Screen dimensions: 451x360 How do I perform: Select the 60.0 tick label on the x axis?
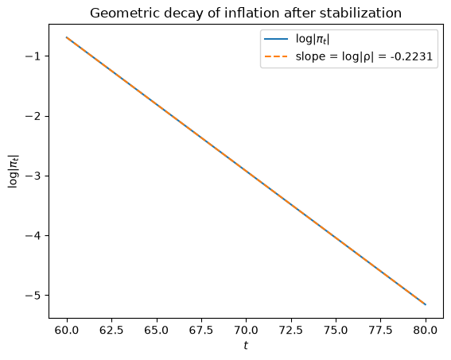(x=67, y=331)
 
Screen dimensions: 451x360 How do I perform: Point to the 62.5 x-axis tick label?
(x=111, y=331)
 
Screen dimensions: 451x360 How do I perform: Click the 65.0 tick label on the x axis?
(x=156, y=331)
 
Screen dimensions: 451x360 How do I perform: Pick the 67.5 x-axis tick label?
(x=201, y=331)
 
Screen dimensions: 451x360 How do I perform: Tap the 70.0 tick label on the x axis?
(x=246, y=331)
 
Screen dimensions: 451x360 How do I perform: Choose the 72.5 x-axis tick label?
(x=291, y=331)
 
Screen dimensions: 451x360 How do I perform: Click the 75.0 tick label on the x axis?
(x=336, y=331)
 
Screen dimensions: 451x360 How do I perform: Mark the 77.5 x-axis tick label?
(x=380, y=331)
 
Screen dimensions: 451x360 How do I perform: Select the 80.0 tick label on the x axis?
(x=426, y=331)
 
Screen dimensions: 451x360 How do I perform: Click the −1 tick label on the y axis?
(x=33, y=56)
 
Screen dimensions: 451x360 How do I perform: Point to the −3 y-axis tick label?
(x=33, y=176)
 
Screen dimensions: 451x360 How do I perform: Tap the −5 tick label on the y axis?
(x=33, y=296)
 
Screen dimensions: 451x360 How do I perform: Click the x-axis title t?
(x=246, y=346)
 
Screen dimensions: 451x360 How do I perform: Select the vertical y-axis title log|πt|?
(x=14, y=171)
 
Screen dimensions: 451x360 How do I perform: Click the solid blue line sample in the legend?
(x=276, y=39)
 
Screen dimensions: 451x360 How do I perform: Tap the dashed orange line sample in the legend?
(x=276, y=56)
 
